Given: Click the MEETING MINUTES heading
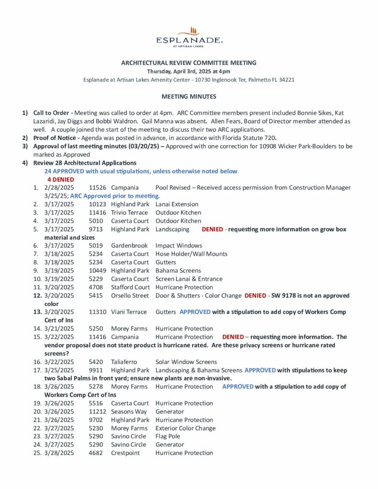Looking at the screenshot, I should [189, 96].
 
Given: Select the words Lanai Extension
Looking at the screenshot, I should [177, 204].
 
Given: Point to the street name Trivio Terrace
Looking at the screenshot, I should [130, 213].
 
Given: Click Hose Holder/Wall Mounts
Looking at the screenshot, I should [191, 254].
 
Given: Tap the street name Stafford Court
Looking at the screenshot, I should [130, 287].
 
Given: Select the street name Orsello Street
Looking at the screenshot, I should [130, 296].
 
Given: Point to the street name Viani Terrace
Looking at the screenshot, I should [130, 312].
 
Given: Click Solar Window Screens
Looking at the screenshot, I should [186, 361].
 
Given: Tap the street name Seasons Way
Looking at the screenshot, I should [129, 412].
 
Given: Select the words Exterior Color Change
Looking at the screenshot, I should [185, 428].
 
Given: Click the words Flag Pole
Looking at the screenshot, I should [168, 436].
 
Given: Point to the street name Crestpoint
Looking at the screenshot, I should [125, 453].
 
